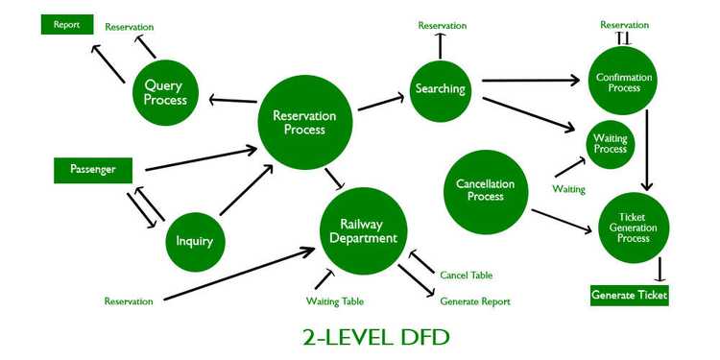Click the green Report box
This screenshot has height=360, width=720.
tap(66, 24)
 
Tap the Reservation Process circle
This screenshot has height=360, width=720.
tap(304, 123)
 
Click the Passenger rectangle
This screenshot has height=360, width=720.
tap(92, 170)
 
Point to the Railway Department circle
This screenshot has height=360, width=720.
tap(362, 230)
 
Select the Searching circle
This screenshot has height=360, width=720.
tap(440, 89)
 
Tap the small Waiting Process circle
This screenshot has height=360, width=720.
tap(611, 144)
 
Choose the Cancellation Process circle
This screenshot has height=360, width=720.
tap(486, 191)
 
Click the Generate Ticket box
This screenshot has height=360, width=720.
tap(629, 296)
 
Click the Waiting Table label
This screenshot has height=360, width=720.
tap(335, 301)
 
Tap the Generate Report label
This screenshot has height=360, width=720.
tap(475, 301)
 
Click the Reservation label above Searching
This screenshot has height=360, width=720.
tap(443, 25)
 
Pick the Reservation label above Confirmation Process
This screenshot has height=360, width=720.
tap(624, 25)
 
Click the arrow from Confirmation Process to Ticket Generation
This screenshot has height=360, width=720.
tap(650, 149)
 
